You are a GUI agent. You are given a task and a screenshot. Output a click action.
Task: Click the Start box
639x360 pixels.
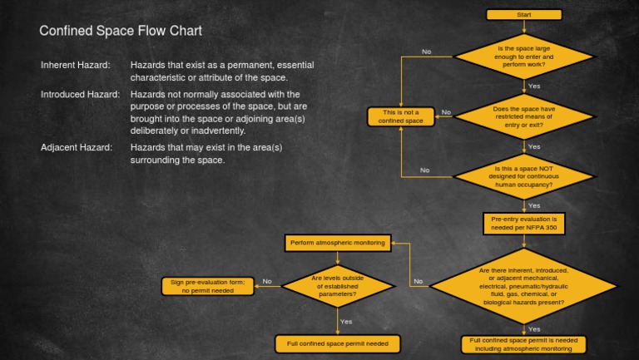click(x=524, y=15)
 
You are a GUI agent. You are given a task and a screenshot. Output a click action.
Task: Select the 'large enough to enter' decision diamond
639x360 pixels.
click(x=524, y=57)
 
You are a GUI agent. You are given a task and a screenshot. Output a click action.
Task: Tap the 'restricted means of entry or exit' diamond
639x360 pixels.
click(x=524, y=116)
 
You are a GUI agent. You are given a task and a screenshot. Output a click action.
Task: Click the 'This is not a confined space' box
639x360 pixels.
click(x=401, y=116)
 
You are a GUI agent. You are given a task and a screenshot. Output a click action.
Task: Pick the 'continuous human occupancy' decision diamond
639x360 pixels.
click(x=524, y=176)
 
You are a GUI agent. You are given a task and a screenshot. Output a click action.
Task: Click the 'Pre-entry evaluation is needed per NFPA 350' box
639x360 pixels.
click(x=524, y=223)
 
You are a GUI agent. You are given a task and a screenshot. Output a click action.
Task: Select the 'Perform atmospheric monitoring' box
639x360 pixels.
click(x=337, y=243)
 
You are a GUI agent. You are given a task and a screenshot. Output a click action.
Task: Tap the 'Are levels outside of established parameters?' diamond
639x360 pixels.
click(x=337, y=286)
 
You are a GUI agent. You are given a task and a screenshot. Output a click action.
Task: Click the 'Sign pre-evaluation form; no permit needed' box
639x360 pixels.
click(x=208, y=286)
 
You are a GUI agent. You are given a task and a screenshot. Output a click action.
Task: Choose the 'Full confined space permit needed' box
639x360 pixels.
click(x=337, y=343)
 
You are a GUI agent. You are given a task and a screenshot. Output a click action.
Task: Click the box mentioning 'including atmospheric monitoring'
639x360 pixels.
click(x=524, y=344)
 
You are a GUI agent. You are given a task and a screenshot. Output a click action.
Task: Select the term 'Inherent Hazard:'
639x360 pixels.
click(x=75, y=65)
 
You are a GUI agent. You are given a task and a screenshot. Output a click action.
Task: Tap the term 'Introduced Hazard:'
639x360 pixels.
click(x=81, y=95)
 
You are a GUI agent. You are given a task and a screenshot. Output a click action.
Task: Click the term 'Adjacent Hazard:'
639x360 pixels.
click(x=77, y=147)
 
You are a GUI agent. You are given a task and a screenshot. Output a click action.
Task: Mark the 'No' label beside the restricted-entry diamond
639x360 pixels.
click(x=446, y=112)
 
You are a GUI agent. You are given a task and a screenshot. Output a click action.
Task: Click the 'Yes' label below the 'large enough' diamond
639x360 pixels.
click(x=534, y=86)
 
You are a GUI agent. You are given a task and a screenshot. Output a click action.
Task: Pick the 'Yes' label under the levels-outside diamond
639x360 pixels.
click(x=346, y=321)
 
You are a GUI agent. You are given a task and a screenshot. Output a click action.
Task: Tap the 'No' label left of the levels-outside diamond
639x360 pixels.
click(x=267, y=281)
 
